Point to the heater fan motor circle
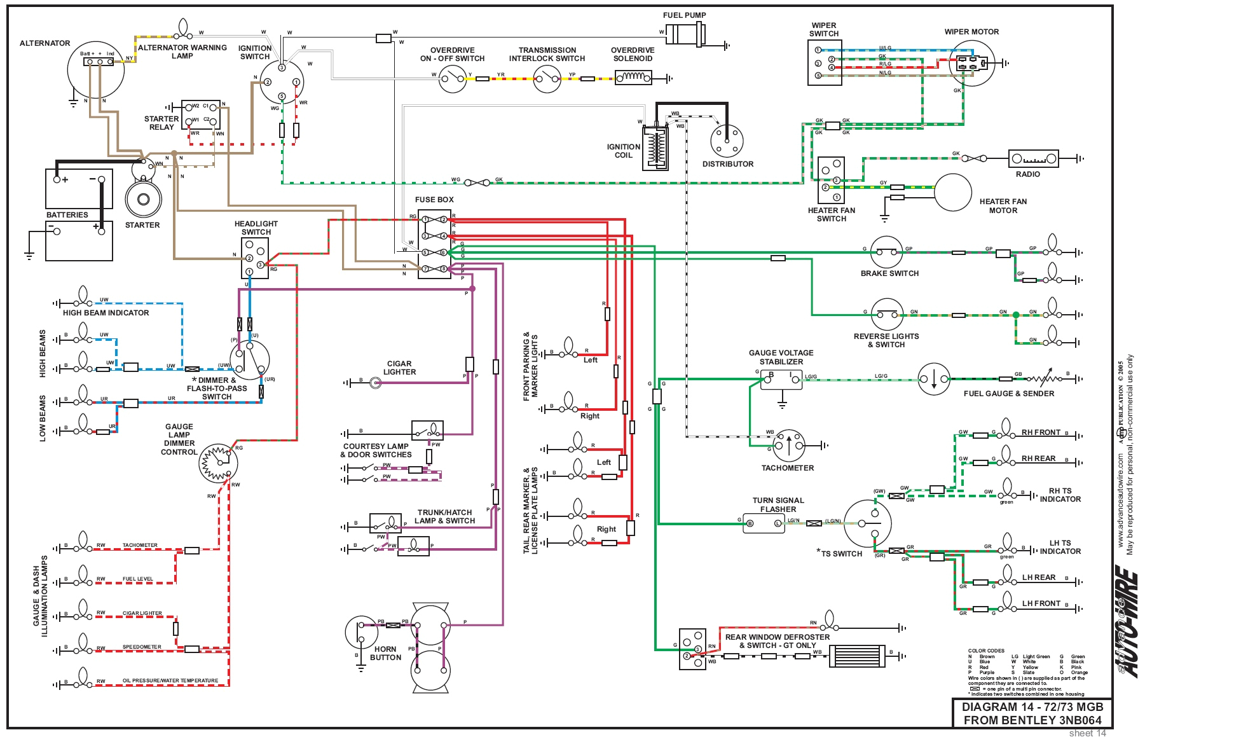coord(952,192)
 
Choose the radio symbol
coord(1033,158)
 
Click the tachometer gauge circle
coord(788,445)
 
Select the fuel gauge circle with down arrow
coord(933,379)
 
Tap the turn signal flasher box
coord(764,523)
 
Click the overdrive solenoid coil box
coord(633,78)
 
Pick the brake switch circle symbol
coord(886,252)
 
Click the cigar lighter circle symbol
coord(376,382)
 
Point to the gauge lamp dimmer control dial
coord(219,462)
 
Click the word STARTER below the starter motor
coord(142,225)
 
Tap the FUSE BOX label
coord(434,200)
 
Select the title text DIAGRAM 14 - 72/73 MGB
coord(1032,707)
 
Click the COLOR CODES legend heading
coord(986,651)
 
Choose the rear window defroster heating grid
coord(856,656)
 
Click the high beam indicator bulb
coord(82,297)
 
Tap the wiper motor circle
coord(971,63)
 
